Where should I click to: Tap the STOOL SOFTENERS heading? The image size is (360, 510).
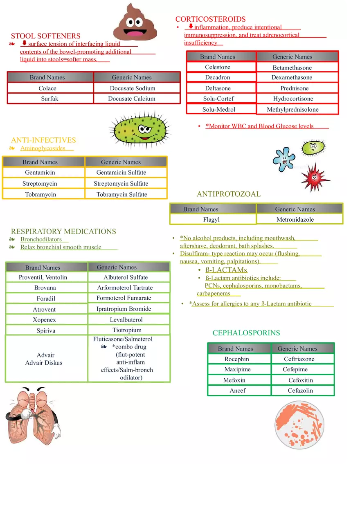46,36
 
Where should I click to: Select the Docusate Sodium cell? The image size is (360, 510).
133,88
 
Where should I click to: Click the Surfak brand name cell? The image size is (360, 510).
49,99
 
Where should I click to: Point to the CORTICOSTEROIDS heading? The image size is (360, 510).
210,19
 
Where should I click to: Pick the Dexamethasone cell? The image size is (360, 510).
292,77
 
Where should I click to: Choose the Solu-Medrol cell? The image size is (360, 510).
219,109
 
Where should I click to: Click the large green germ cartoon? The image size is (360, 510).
140,130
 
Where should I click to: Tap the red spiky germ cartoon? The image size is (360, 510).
315,177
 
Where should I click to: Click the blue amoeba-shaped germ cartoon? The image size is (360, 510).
284,159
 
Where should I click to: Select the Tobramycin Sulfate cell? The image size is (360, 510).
122,194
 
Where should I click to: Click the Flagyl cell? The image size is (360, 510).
211,220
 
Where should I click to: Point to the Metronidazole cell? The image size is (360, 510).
295,220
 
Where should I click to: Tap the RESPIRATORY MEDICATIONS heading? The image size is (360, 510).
63,231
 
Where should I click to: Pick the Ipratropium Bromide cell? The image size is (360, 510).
124,309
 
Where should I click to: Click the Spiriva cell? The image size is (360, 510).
46,330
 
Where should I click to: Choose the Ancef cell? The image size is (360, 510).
237,391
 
